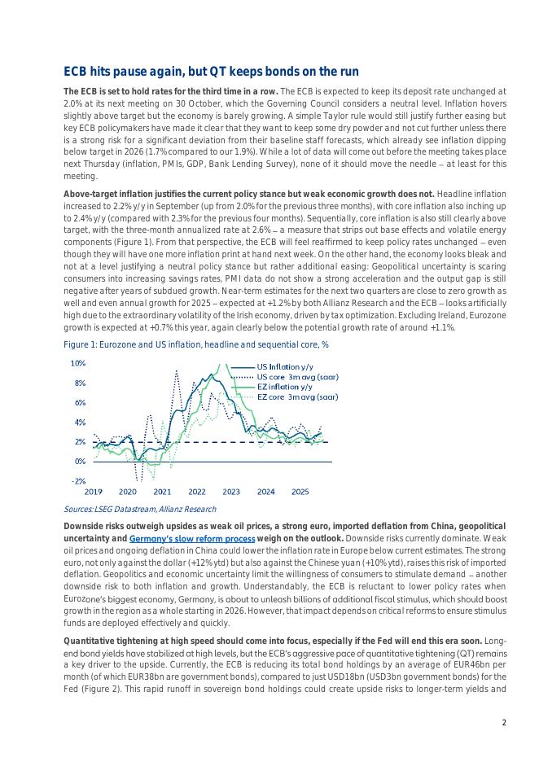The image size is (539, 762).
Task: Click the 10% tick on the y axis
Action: pos(78,363)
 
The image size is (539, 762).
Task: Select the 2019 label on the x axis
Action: pos(94,492)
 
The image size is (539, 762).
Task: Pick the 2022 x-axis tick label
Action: pos(197,492)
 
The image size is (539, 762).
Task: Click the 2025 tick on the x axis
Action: pos(300,492)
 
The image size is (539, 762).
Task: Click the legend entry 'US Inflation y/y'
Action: pos(278,367)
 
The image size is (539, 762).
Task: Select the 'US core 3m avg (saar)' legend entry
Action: pos(297,377)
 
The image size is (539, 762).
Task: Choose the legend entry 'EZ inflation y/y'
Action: pos(284,387)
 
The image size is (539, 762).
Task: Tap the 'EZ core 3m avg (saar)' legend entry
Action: pos(297,396)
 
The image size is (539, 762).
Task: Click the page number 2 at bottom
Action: pos(504,722)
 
